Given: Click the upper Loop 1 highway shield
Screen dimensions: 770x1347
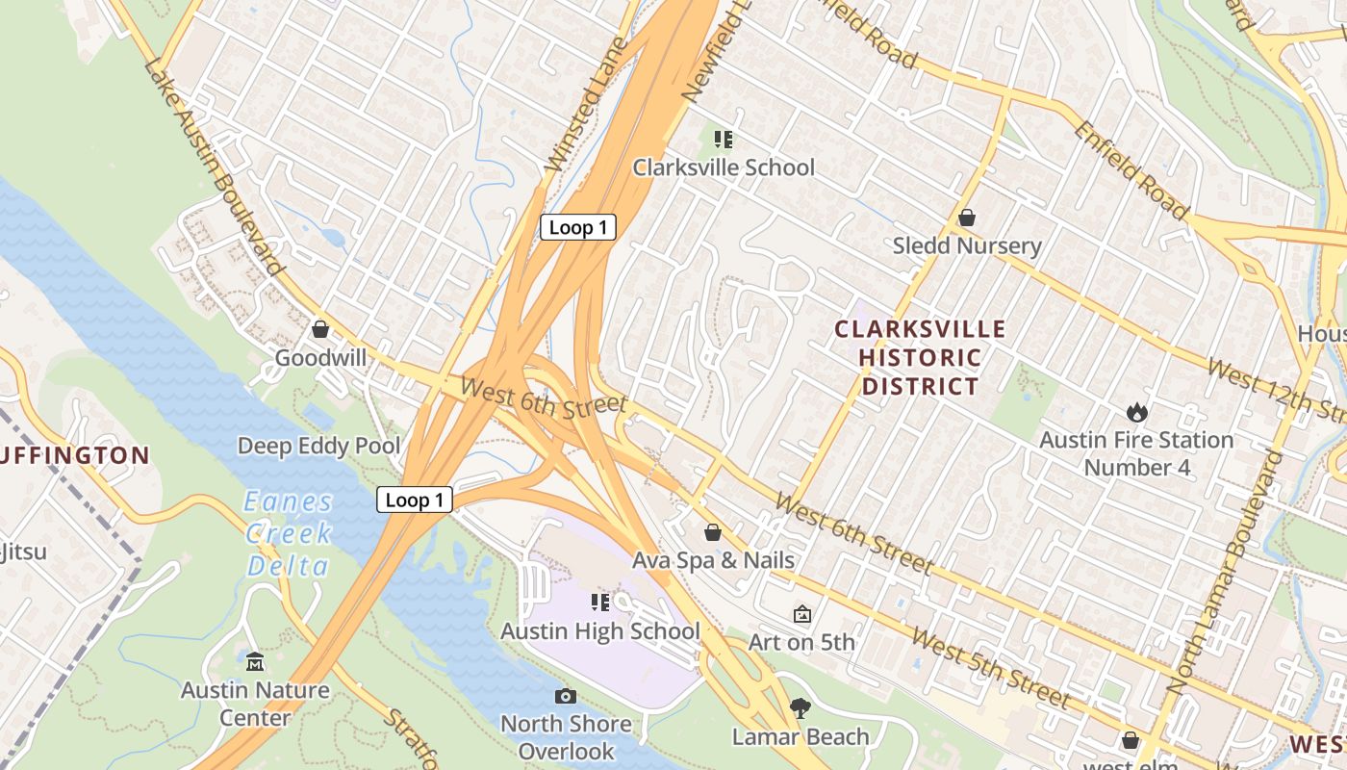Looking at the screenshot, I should [x=577, y=227].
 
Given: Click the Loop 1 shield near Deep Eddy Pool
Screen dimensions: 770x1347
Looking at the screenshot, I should [x=415, y=500].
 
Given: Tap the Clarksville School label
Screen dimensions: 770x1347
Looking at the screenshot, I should [x=723, y=167].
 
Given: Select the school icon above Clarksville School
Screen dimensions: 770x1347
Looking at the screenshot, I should [x=724, y=140].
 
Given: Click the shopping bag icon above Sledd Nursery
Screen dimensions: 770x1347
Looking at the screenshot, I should [x=967, y=218].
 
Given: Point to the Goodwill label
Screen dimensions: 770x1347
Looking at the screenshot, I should [x=320, y=358].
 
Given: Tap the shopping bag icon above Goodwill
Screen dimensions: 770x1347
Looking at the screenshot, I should [x=320, y=330].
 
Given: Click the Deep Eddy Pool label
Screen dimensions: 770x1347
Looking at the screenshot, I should [x=318, y=446].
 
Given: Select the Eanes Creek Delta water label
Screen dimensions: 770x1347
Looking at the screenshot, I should [x=288, y=533].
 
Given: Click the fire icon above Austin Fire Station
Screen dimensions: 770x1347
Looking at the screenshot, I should [x=1137, y=413].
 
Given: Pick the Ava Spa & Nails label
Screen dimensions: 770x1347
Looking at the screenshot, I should [x=713, y=560].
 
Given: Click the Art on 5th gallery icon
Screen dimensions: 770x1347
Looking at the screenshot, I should [x=801, y=614].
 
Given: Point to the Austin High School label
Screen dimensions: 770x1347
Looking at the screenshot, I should [x=599, y=631].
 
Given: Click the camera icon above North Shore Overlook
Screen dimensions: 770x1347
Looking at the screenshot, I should [x=566, y=696].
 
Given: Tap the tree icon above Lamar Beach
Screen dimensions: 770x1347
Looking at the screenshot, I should [x=800, y=709].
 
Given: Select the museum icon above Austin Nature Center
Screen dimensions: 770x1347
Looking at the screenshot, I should [x=255, y=662].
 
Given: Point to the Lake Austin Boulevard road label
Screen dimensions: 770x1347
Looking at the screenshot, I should [x=215, y=164].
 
